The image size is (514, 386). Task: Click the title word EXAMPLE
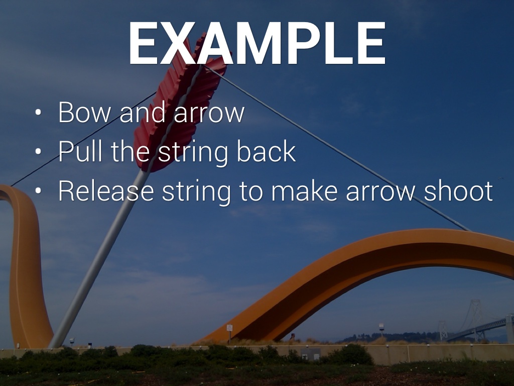pyautogui.click(x=256, y=43)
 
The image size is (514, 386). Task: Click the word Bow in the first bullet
pyautogui.click(x=84, y=112)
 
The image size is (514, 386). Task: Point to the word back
pyautogui.click(x=266, y=151)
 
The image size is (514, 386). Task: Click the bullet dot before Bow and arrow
pyautogui.click(x=38, y=112)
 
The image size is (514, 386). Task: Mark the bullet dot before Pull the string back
pyautogui.click(x=38, y=151)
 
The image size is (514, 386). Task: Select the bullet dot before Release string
pyautogui.click(x=38, y=190)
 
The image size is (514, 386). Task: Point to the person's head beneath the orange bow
pyautogui.click(x=293, y=335)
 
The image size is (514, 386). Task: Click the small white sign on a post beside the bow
pyautogui.click(x=229, y=328)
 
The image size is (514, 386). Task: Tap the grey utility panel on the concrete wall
pyautogui.click(x=311, y=354)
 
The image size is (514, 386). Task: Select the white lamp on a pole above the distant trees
pyautogui.click(x=381, y=326)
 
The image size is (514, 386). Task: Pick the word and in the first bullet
pyautogui.click(x=142, y=112)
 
